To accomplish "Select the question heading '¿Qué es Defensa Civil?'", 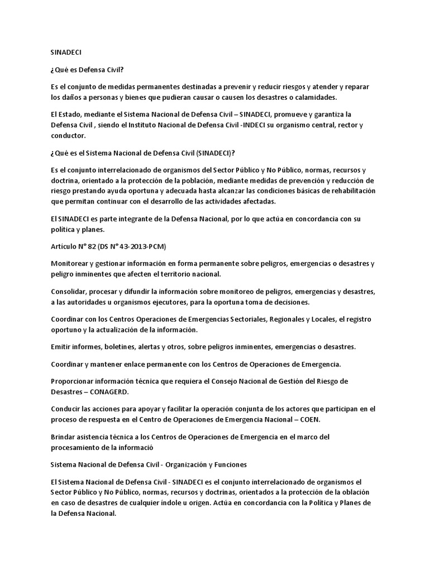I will click(87, 71).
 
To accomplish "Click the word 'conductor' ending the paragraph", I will click(68, 135).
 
